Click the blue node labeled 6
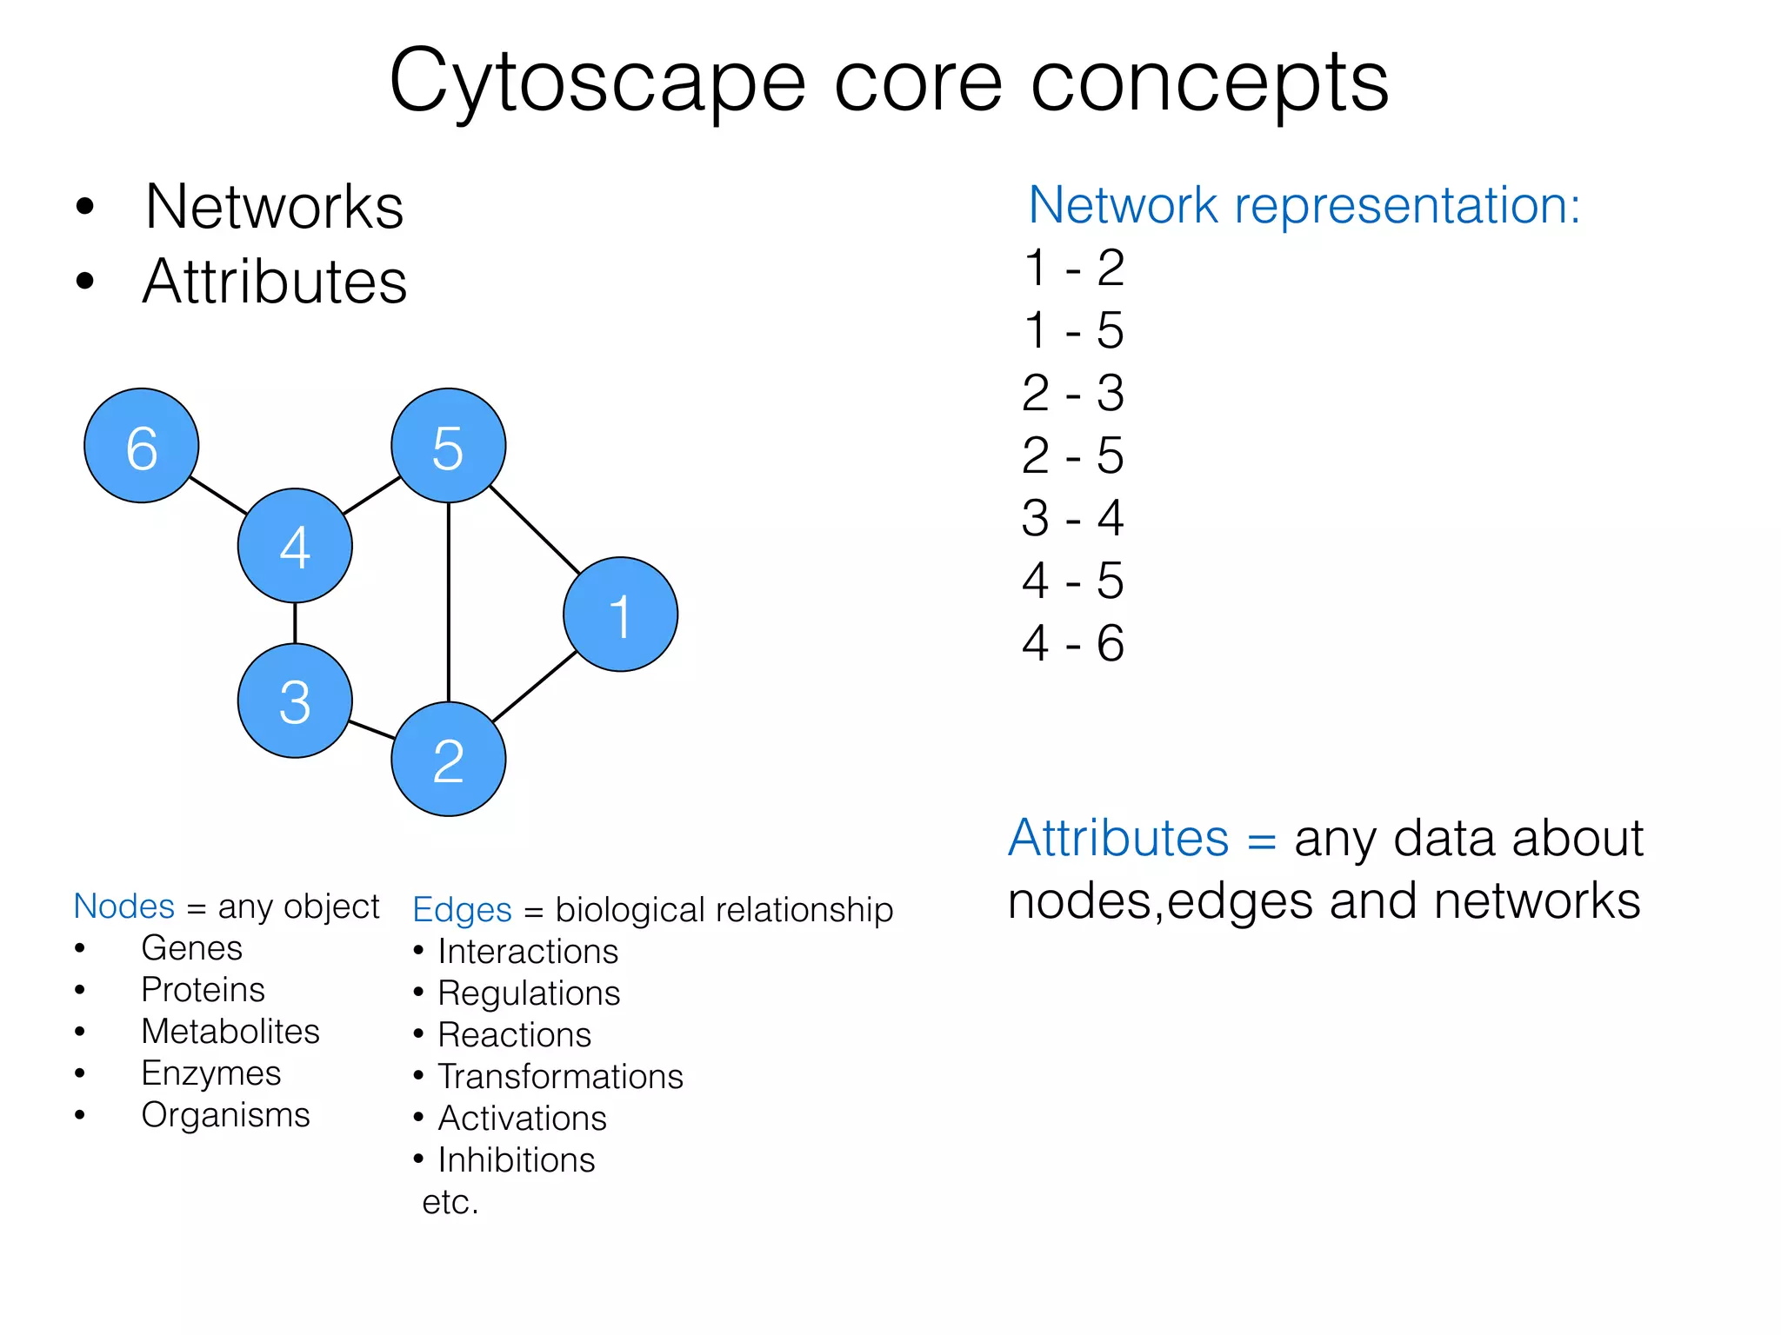(142, 445)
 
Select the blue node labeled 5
(448, 445)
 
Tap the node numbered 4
(295, 546)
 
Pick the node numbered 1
(620, 614)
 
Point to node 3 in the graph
(295, 701)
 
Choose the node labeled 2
(448, 759)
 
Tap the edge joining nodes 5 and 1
(535, 529)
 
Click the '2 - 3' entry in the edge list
(1073, 393)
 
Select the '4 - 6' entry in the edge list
(1073, 643)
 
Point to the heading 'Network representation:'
(1304, 206)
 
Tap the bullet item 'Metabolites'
(230, 1032)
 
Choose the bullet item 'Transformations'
(560, 1077)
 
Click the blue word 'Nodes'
(124, 907)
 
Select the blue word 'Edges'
(462, 910)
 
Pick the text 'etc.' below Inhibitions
(450, 1202)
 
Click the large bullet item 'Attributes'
(275, 282)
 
